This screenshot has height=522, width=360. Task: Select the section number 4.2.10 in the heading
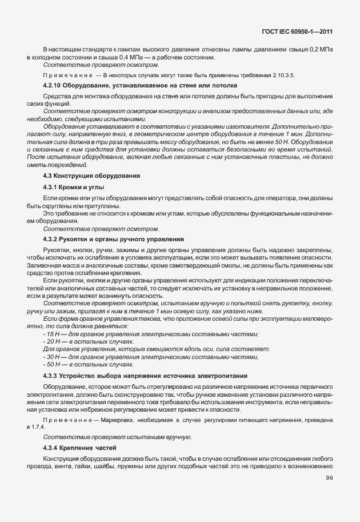coord(53,85)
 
